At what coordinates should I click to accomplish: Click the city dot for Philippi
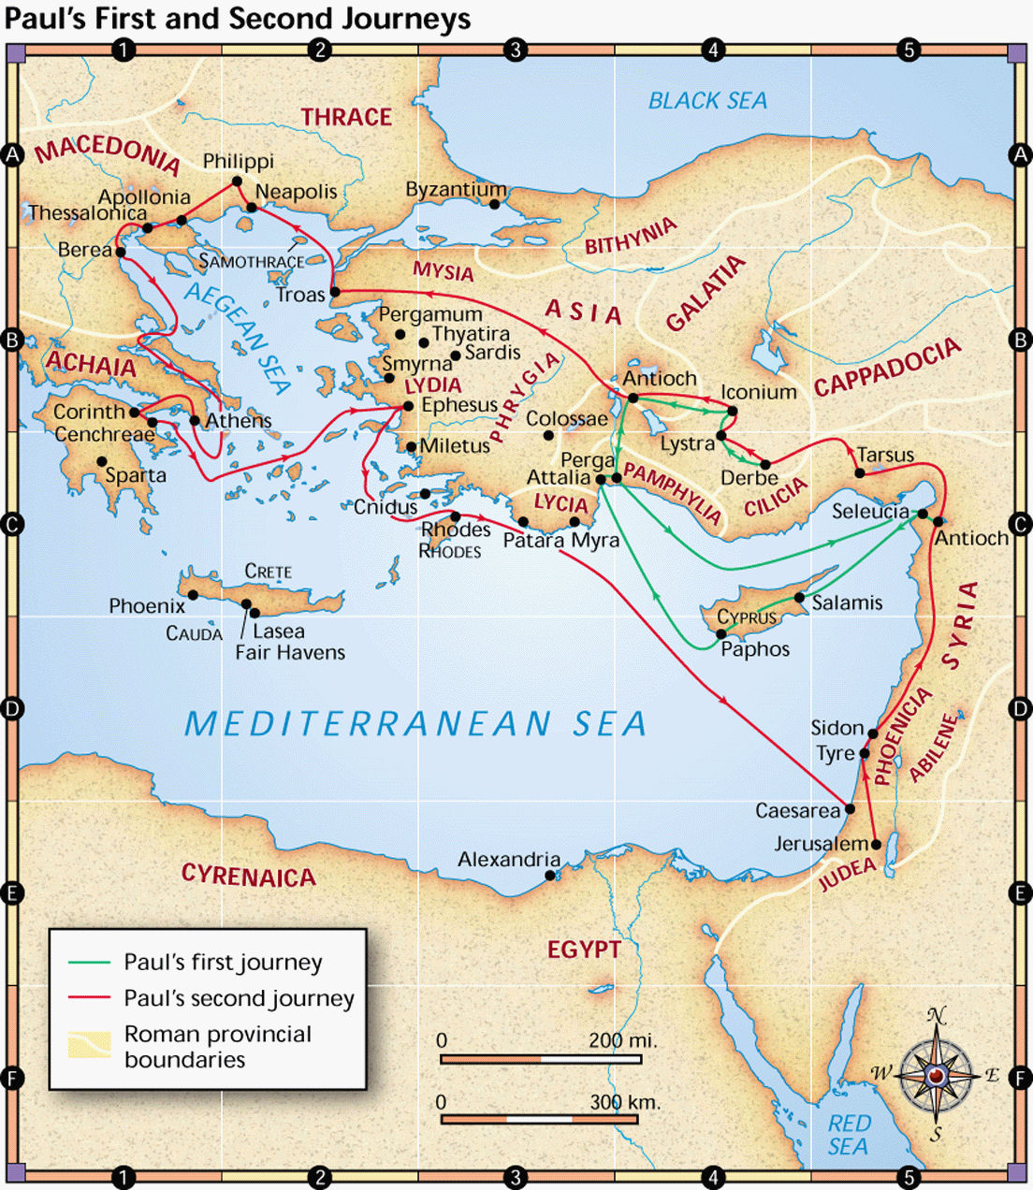click(238, 181)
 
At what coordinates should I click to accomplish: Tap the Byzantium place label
click(456, 190)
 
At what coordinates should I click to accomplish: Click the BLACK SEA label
click(707, 101)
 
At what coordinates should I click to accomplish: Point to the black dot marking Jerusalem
click(876, 844)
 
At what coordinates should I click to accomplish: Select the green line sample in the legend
click(89, 963)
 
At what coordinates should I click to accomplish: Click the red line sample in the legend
click(89, 998)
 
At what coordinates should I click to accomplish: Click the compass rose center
click(937, 1076)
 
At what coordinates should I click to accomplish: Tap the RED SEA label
click(848, 1135)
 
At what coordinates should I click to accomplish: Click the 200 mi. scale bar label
click(622, 1040)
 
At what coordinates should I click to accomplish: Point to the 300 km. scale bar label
click(624, 1102)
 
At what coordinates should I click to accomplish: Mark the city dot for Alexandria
click(550, 876)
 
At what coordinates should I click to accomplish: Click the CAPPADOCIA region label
click(887, 367)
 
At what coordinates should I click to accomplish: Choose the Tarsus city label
click(885, 456)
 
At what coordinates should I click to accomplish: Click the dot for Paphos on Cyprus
click(721, 634)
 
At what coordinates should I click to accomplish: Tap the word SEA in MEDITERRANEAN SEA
click(609, 724)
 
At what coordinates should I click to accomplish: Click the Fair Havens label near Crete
click(290, 653)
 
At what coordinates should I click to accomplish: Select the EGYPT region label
click(584, 950)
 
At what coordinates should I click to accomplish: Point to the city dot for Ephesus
click(408, 406)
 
